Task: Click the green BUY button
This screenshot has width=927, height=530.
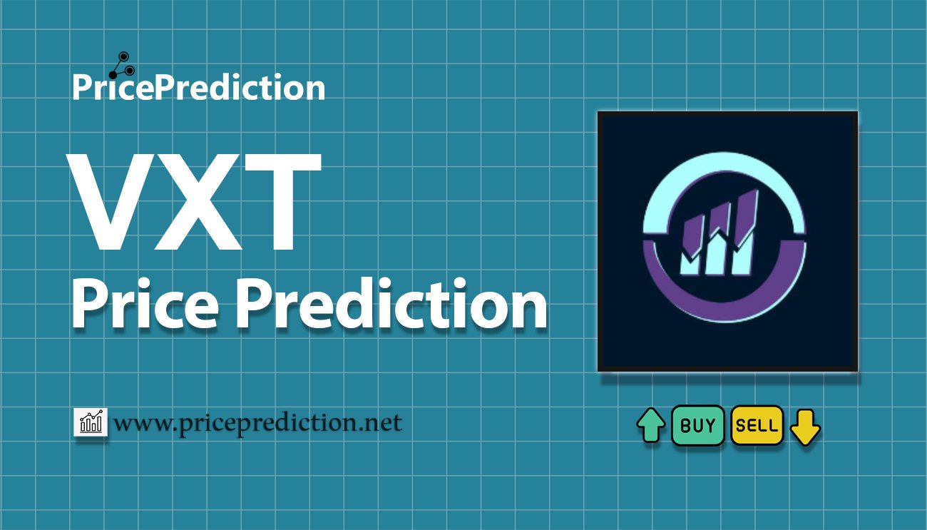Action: click(698, 426)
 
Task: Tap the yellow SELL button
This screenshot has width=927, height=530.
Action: click(757, 426)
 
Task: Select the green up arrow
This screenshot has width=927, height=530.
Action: click(650, 427)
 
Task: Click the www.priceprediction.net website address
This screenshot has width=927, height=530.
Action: click(257, 424)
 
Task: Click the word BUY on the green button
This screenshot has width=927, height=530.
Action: click(698, 426)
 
